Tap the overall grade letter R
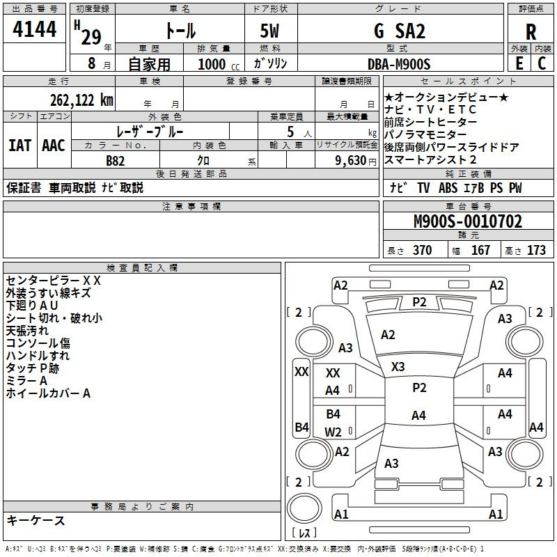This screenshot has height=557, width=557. click(x=531, y=32)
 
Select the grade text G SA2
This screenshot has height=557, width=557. click(x=400, y=31)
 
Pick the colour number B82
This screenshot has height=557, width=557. click(x=116, y=160)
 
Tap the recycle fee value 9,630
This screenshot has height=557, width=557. click(x=351, y=160)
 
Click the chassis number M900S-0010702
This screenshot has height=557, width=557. click(x=467, y=222)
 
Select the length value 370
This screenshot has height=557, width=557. click(x=422, y=251)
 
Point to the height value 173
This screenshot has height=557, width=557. click(x=536, y=251)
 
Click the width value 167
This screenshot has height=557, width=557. click(x=480, y=251)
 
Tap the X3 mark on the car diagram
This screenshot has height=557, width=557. click(x=398, y=367)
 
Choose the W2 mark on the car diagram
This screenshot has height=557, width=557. click(x=333, y=432)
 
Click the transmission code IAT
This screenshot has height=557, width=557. click(x=19, y=146)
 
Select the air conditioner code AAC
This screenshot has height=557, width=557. click(x=54, y=146)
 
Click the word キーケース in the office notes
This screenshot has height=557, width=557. click(x=36, y=521)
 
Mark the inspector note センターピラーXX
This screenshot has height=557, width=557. click(x=54, y=281)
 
